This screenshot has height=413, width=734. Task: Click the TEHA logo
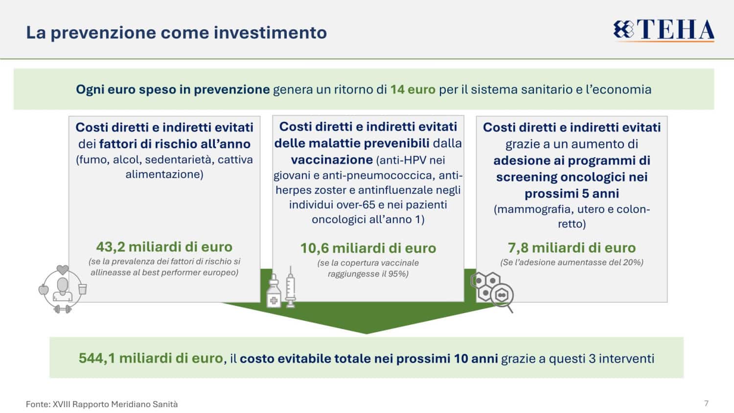pyautogui.click(x=664, y=30)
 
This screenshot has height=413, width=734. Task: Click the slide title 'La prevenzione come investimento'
pyautogui.click(x=176, y=33)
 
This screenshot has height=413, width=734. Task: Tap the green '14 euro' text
pyautogui.click(x=413, y=90)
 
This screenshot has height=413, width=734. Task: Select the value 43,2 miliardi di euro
pyautogui.click(x=164, y=247)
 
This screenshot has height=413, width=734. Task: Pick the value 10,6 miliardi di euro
pyautogui.click(x=368, y=248)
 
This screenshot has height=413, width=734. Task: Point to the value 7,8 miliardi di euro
pyautogui.click(x=572, y=248)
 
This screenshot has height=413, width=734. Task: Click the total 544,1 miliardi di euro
pyautogui.click(x=151, y=358)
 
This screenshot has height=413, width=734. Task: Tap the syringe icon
pyautogui.click(x=290, y=287)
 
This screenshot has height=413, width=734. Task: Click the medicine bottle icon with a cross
pyautogui.click(x=274, y=291)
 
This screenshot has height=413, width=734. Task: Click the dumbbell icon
pyautogui.click(x=62, y=309)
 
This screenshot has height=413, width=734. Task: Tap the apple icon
pyautogui.click(x=44, y=290)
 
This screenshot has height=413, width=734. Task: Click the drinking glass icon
pyautogui.click(x=83, y=289)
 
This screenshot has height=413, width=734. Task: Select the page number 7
pyautogui.click(x=707, y=403)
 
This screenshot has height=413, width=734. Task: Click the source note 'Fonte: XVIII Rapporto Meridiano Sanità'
pyautogui.click(x=102, y=404)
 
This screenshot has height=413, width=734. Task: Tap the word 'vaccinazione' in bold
pyautogui.click(x=332, y=160)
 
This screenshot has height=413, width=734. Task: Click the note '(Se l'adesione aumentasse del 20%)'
pyautogui.click(x=572, y=262)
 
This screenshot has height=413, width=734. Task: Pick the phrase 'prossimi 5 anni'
pyautogui.click(x=572, y=193)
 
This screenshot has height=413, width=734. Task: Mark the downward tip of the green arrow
pyautogui.click(x=367, y=333)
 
